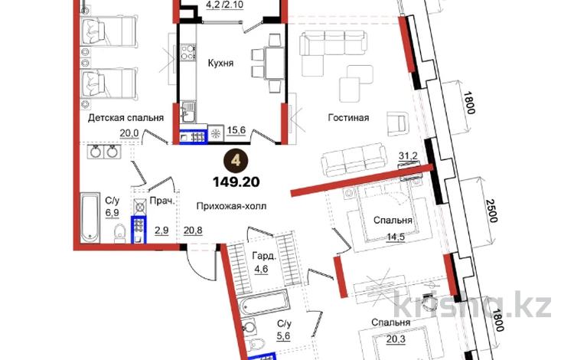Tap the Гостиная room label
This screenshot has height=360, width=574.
[x=348, y=118]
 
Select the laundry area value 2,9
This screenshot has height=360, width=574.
[x=162, y=229]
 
